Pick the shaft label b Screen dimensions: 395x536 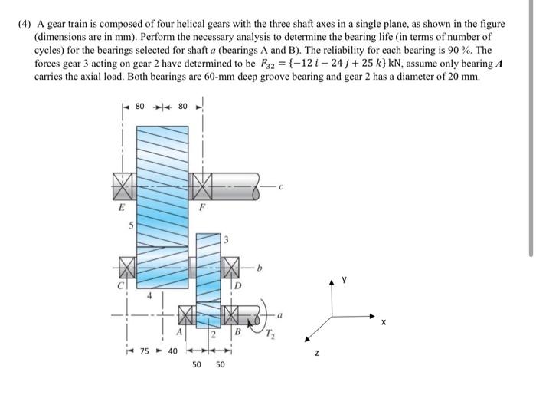(260, 268)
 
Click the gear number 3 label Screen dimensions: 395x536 (226, 240)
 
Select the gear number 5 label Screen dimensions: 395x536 (130, 225)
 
